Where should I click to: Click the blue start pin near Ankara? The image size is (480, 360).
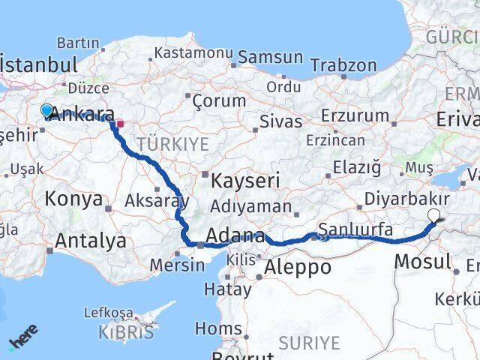tap(46, 111)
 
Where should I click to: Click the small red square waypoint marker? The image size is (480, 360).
tap(120, 124)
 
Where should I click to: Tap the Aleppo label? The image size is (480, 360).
tap(298, 267)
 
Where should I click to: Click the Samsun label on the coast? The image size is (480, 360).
tap(271, 58)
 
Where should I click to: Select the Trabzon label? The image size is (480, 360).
tap(343, 65)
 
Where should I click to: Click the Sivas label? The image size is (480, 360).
tap(281, 121)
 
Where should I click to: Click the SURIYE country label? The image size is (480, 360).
tap(309, 343)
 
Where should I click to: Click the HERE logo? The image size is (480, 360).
tap(22, 342)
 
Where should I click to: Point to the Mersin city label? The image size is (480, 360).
tap(177, 265)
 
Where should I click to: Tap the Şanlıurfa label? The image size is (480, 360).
tap(355, 229)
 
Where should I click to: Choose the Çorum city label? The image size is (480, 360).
tap(219, 100)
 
